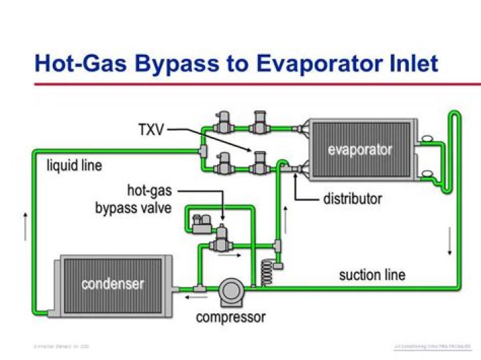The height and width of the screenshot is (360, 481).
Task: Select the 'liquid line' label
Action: point(74,165)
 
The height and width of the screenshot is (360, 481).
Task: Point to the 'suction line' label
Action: point(372,275)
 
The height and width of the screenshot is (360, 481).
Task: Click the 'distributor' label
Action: point(353,198)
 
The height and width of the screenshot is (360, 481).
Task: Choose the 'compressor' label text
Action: point(230,317)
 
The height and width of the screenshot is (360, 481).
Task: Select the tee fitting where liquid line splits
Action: point(202,153)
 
